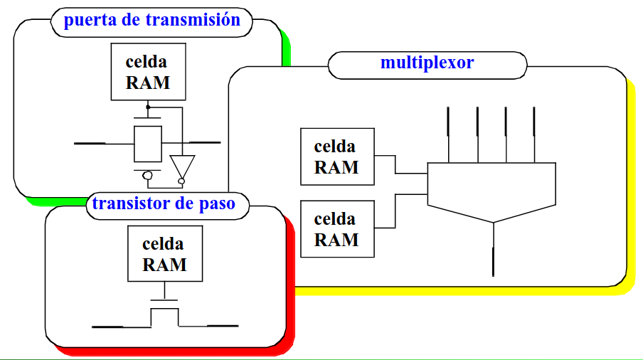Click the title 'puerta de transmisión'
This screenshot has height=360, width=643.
(x=152, y=20)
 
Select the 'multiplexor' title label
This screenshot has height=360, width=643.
(x=427, y=63)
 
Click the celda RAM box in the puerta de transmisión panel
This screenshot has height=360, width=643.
(x=148, y=72)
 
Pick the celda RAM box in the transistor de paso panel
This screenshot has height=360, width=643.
(x=164, y=254)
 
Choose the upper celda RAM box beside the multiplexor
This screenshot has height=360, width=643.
(x=336, y=157)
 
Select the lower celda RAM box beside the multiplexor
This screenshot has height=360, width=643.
(x=336, y=228)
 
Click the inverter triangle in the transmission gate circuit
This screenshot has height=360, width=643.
(x=181, y=166)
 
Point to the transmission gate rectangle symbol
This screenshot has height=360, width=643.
(x=148, y=143)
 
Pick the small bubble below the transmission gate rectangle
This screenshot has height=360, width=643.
(x=147, y=175)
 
